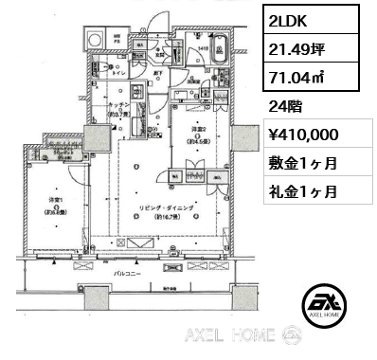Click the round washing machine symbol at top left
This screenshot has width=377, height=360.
coord(96,41)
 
